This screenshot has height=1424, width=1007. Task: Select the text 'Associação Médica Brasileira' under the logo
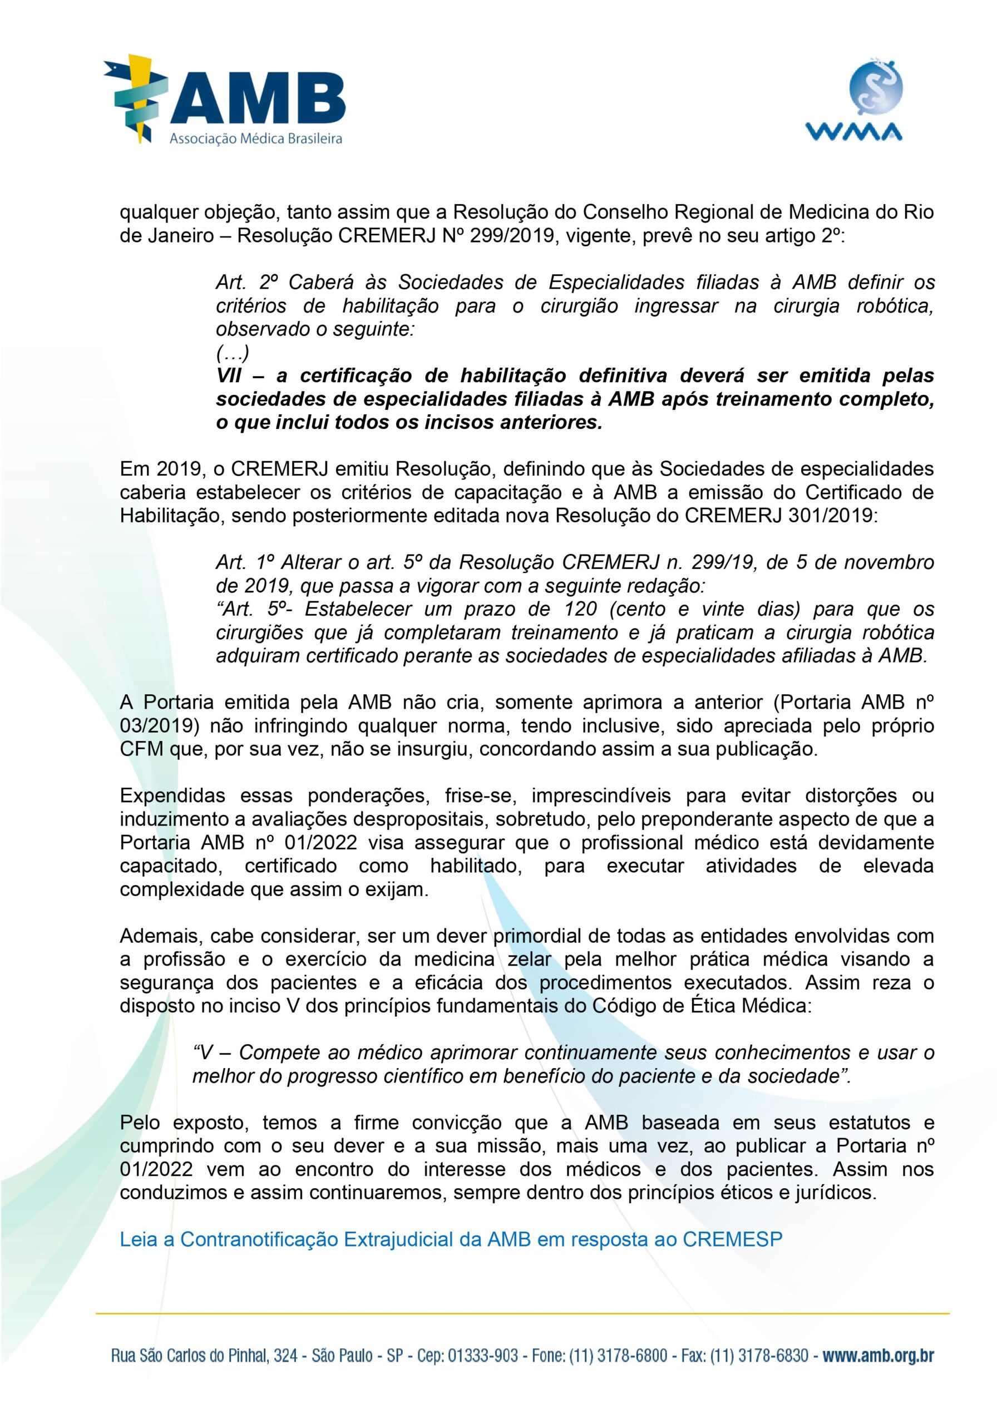(255, 139)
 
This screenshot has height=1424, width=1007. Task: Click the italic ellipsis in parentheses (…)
(232, 353)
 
